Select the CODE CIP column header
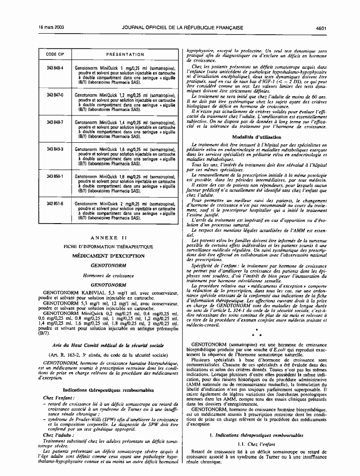point(55,54)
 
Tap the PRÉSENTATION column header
point(125,54)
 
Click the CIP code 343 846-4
point(55,68)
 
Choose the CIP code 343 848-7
point(55,123)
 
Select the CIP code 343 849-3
point(55,150)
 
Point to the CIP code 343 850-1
point(55,177)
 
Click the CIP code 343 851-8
point(55,204)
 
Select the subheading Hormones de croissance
point(108,276)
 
